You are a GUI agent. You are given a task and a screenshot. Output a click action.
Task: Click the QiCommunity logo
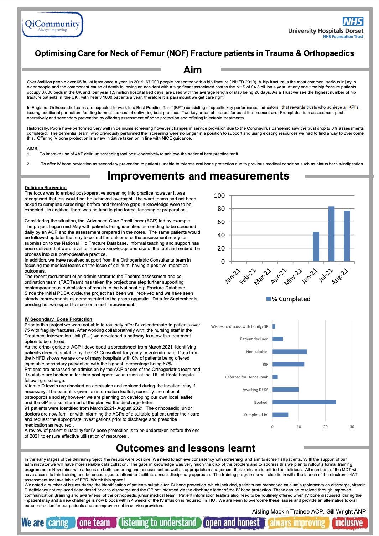(52, 25)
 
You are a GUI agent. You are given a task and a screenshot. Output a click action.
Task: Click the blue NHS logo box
(353, 22)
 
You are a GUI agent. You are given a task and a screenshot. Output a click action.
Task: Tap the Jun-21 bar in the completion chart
(316, 247)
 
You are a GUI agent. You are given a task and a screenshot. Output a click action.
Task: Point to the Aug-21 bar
(347, 236)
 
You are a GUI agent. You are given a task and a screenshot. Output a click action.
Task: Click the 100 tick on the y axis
(219, 196)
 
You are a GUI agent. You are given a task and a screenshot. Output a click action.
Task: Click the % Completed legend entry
(289, 299)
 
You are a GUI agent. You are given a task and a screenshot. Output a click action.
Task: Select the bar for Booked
(304, 402)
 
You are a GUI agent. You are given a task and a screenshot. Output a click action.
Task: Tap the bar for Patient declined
(278, 339)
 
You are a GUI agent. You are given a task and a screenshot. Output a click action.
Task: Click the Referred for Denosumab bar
(275, 377)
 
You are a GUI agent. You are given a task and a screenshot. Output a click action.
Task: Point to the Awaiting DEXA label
(255, 390)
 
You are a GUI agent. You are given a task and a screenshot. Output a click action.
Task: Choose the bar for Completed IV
(280, 415)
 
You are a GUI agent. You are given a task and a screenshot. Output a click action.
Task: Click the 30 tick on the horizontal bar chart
(352, 427)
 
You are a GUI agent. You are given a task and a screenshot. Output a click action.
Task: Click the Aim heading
(192, 70)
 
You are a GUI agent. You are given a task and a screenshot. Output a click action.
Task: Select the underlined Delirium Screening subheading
(46, 187)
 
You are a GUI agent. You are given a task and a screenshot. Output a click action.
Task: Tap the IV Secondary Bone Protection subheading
(58, 319)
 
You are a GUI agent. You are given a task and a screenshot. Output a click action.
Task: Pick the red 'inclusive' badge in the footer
(349, 523)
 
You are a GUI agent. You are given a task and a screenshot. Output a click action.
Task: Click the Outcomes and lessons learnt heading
(186, 448)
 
